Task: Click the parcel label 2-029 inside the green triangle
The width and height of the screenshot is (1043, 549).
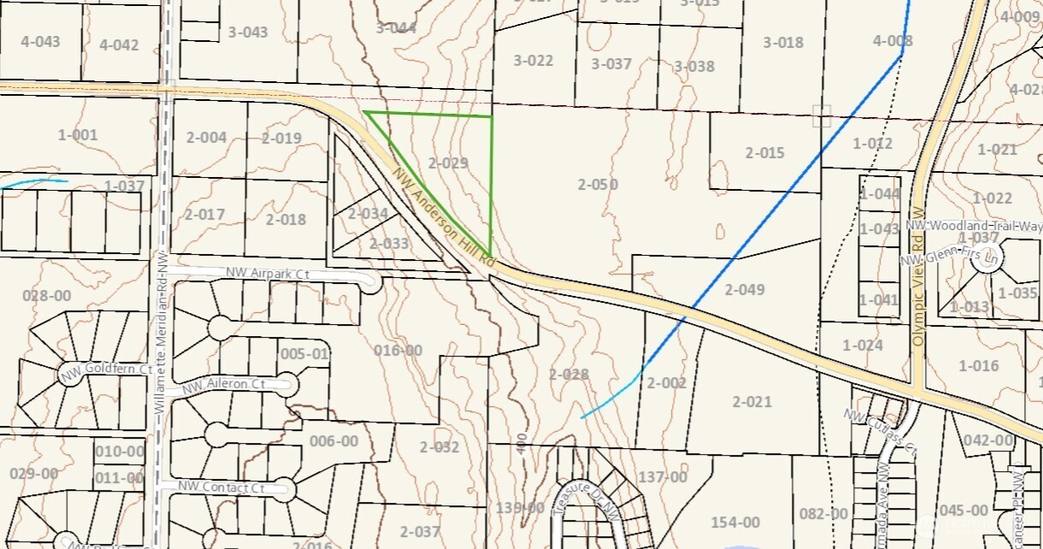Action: tap(448, 162)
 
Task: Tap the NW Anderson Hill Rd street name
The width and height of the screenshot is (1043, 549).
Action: tap(443, 215)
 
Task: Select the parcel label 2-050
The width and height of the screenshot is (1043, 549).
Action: tap(598, 184)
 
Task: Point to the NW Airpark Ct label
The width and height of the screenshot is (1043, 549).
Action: tap(267, 274)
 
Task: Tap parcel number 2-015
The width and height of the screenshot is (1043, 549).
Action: tap(764, 153)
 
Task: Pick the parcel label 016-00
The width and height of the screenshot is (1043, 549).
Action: tap(398, 350)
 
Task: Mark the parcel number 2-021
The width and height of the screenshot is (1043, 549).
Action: tap(751, 401)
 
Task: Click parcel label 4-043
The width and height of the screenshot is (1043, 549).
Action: tap(40, 41)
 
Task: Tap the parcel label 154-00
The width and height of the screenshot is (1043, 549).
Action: tap(735, 522)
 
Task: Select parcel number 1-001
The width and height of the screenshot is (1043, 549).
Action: tap(78, 134)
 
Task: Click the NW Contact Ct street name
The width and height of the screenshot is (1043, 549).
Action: tap(221, 487)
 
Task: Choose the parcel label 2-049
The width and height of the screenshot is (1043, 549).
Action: tap(745, 289)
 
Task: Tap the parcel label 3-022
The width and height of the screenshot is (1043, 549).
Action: tap(533, 61)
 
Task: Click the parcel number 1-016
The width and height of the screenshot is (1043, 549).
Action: tap(979, 366)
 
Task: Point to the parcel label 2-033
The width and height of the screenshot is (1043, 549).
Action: tap(389, 243)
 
